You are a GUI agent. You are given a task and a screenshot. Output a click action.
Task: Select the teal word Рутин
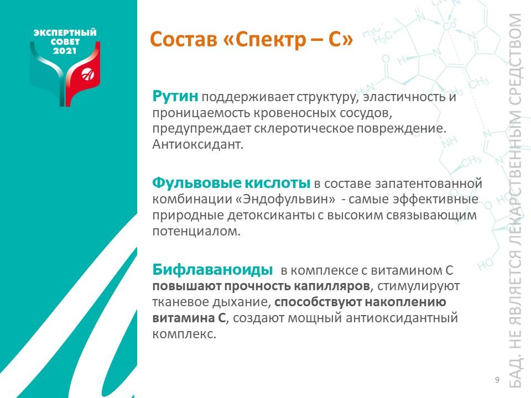click(x=175, y=96)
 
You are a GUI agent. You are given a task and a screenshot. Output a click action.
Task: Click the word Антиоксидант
click(x=198, y=144)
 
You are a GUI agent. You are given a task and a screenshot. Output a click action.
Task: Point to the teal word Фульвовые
click(x=196, y=183)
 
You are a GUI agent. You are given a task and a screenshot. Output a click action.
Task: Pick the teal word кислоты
click(x=277, y=183)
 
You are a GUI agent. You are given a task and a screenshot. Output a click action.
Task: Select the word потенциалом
click(x=196, y=232)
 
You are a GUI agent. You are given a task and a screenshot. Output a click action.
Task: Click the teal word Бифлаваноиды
click(x=212, y=270)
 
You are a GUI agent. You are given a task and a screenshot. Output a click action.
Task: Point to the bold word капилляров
click(x=332, y=286)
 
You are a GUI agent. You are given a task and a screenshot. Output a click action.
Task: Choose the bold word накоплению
click(x=405, y=302)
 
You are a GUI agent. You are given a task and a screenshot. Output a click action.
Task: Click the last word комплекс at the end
click(x=184, y=334)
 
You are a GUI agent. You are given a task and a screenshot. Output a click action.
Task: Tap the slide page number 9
click(x=497, y=380)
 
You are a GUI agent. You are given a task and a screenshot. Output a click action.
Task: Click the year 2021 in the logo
click(x=65, y=51)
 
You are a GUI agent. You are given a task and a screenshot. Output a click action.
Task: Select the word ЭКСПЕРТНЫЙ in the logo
click(x=65, y=33)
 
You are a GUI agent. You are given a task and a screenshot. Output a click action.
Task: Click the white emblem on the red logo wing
click(x=88, y=74)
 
